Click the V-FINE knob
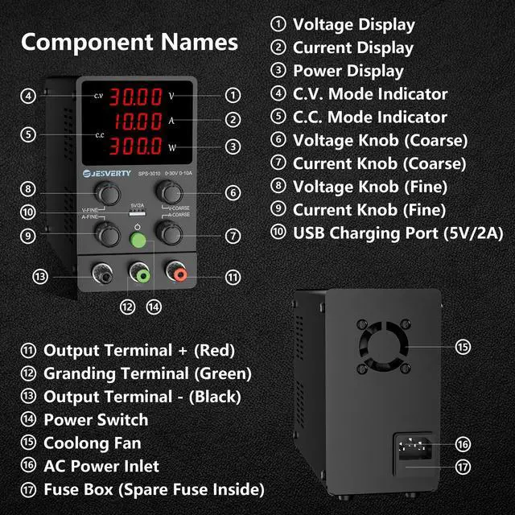pos(104,192)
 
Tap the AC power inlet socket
pos(412,445)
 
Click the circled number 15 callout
pos(463,348)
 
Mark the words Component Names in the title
pos(130,42)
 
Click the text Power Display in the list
pos(348,71)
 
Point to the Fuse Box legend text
pos(154,489)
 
